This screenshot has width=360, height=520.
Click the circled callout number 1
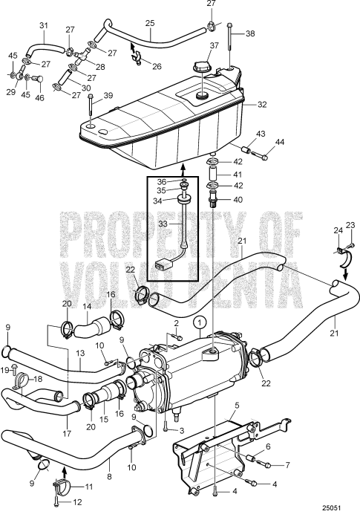tap(200, 322)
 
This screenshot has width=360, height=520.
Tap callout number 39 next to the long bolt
tap(108, 96)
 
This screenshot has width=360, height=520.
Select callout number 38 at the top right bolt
tap(249, 34)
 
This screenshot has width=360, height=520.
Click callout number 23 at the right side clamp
tap(351, 225)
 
